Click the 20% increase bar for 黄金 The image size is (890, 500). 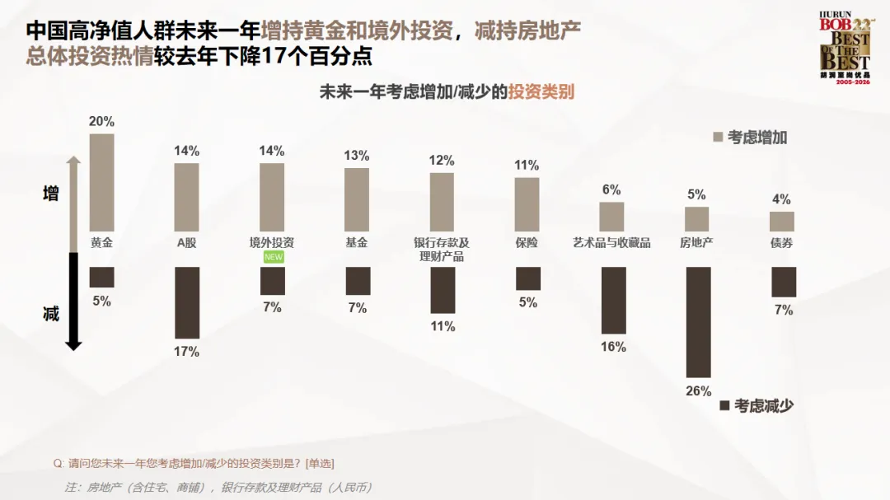pyautogui.click(x=101, y=182)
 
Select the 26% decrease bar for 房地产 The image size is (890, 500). pyautogui.click(x=698, y=322)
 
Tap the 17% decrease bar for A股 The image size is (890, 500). pyautogui.click(x=187, y=302)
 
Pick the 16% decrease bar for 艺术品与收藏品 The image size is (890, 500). pyautogui.click(x=614, y=300)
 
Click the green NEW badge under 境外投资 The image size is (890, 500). pyautogui.click(x=273, y=257)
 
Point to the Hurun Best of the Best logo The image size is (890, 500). pyautogui.click(x=845, y=48)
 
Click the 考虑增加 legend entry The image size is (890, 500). pyautogui.click(x=750, y=138)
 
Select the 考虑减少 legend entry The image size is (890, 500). pyautogui.click(x=756, y=406)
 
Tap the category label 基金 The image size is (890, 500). pyautogui.click(x=357, y=243)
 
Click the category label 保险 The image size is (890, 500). pyautogui.click(x=527, y=243)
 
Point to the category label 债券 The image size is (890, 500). pyautogui.click(x=781, y=243)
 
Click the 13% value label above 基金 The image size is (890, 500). pyautogui.click(x=357, y=156)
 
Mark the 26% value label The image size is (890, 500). pyautogui.click(x=698, y=391)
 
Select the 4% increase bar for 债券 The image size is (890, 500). pyautogui.click(x=781, y=222)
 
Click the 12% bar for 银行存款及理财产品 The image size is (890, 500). pyautogui.click(x=442, y=202)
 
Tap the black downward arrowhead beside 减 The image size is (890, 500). pyautogui.click(x=74, y=345)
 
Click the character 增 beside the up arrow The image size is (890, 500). pyautogui.click(x=51, y=194)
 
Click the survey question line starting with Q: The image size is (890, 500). pyautogui.click(x=194, y=464)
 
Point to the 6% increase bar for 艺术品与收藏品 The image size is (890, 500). pyautogui.click(x=611, y=217)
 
